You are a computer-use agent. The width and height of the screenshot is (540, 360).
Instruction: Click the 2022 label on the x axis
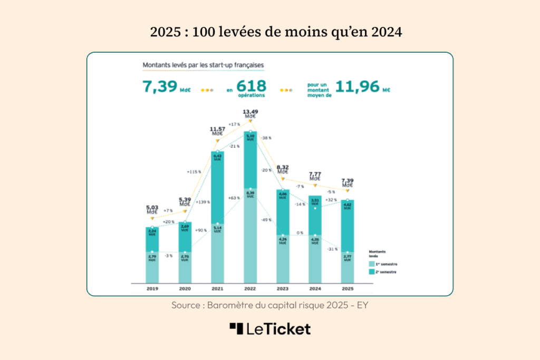(x=250, y=289)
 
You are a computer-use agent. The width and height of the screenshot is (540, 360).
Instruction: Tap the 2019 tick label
(x=152, y=289)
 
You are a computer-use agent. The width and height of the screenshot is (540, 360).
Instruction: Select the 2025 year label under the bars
(x=347, y=289)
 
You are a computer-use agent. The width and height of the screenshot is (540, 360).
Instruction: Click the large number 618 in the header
(x=252, y=86)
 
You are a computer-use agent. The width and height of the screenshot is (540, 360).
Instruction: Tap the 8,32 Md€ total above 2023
(x=283, y=169)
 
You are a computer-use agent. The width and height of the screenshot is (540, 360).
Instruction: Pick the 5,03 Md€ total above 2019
(x=152, y=210)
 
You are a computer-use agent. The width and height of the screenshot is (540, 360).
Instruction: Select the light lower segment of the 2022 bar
(x=250, y=237)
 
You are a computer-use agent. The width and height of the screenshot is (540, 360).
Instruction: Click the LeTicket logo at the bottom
(x=270, y=329)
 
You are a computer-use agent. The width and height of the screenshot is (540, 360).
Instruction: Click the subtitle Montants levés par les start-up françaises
(x=203, y=65)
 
